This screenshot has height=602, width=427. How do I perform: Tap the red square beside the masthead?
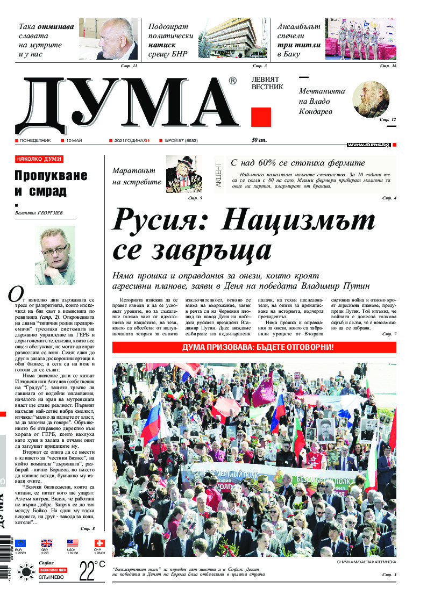click(261, 117)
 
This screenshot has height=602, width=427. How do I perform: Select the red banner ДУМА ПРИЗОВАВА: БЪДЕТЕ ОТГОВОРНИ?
click(254, 347)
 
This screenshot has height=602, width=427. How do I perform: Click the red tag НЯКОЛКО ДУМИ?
click(39, 159)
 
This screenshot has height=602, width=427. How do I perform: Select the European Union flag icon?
click(21, 543)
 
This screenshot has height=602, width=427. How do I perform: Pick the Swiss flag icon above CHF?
click(99, 543)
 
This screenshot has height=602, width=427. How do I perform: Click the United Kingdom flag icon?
click(47, 543)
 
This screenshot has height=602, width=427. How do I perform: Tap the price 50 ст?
click(259, 140)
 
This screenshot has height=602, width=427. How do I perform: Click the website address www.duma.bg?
click(368, 145)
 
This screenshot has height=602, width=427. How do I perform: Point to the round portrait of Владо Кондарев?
click(371, 99)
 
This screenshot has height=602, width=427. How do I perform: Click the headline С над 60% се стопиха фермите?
click(297, 163)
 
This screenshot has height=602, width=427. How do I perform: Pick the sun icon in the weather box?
click(25, 571)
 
